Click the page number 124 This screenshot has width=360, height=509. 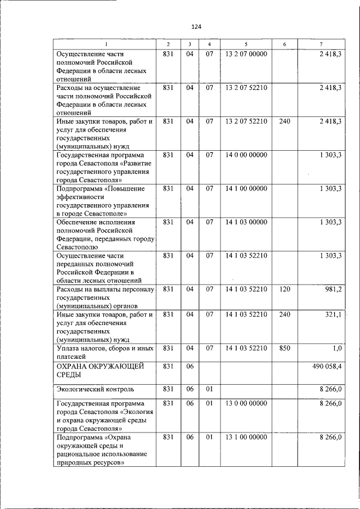point(196,26)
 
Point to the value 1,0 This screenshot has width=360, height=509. point(337,348)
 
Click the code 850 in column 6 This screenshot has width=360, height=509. point(285,348)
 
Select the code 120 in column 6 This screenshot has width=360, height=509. point(285,289)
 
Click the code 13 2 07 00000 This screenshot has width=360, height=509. point(246,54)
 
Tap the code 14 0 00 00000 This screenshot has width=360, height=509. point(246,154)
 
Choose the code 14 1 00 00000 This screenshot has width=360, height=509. point(246,188)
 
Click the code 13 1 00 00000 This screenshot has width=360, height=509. point(246,437)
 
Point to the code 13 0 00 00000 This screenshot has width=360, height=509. point(246,403)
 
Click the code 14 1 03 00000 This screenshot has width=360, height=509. point(246,222)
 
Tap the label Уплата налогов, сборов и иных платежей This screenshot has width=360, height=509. point(104,352)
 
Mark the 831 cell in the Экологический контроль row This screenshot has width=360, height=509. point(168,389)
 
